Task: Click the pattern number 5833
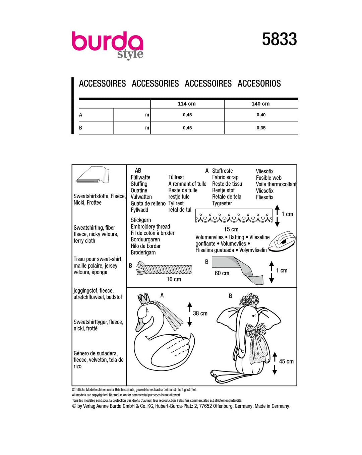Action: pyautogui.click(x=279, y=39)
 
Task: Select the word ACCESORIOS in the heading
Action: pyautogui.click(x=259, y=83)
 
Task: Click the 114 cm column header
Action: pyautogui.click(x=187, y=104)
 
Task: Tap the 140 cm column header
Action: pyautogui.click(x=260, y=104)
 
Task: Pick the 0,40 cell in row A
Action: pyautogui.click(x=261, y=115)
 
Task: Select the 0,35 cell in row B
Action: pyautogui.click(x=261, y=128)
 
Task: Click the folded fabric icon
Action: pyautogui.click(x=93, y=175)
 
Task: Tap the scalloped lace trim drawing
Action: pyautogui.click(x=234, y=217)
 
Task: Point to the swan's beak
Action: pyautogui.click(x=138, y=326)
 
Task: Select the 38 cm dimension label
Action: pyautogui.click(x=200, y=313)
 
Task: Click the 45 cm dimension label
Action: pyautogui.click(x=286, y=361)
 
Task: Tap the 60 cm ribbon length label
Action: pyautogui.click(x=222, y=273)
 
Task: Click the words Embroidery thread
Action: pyautogui.click(x=150, y=226)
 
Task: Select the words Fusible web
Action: pyautogui.click(x=268, y=178)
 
